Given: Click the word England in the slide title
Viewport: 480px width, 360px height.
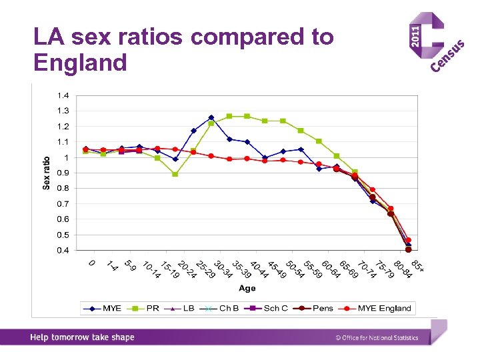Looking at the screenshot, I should coord(80,63).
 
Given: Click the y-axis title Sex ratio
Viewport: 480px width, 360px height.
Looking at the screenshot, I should coord(47,173).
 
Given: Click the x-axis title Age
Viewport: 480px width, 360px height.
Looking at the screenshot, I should coord(247,289).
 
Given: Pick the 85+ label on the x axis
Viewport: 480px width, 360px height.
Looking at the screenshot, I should coord(417,265).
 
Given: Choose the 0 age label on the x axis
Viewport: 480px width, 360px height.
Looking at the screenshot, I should coord(92,263).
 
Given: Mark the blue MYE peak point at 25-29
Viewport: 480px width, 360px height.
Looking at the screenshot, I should coord(211,117).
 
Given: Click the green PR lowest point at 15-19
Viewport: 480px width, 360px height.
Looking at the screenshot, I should coord(175,174).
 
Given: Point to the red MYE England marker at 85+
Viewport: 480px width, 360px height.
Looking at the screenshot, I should coord(408,240).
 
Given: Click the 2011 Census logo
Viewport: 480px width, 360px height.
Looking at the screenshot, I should coord(437,43).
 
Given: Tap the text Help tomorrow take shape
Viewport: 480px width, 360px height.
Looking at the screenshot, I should coord(82,337).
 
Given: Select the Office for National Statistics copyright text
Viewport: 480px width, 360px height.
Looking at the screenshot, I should coord(377,338).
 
